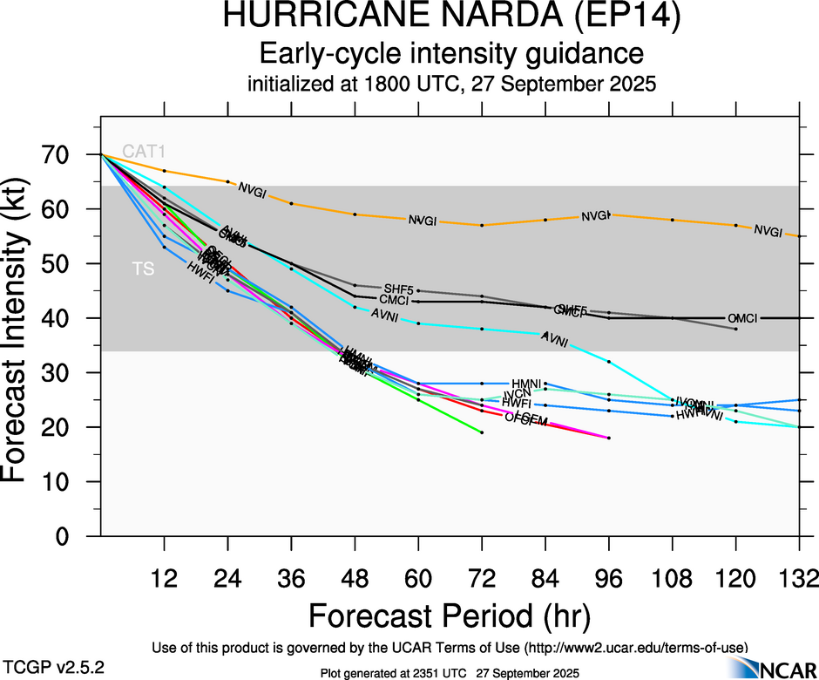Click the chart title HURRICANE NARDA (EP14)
click(x=451, y=17)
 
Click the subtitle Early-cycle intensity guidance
click(x=451, y=54)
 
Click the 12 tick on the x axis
click(x=164, y=579)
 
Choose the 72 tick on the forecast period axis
click(x=481, y=579)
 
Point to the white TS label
click(x=143, y=269)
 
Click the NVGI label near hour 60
click(x=423, y=221)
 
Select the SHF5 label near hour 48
click(x=398, y=288)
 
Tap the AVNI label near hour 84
click(x=555, y=340)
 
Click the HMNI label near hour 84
click(x=527, y=384)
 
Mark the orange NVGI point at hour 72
click(x=482, y=225)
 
